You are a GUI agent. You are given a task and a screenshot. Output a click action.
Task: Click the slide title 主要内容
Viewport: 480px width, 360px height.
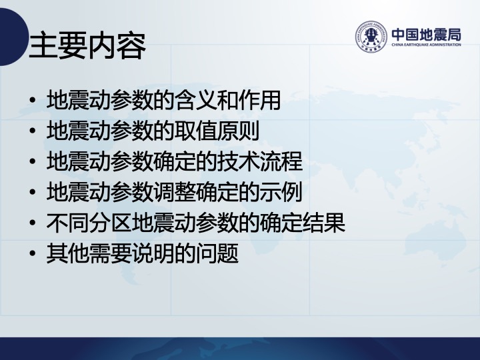[87, 46]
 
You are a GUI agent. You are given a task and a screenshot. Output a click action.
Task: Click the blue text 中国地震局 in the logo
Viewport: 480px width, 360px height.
[427, 35]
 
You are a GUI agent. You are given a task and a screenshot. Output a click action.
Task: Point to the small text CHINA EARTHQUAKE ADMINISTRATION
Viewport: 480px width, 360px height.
[427, 45]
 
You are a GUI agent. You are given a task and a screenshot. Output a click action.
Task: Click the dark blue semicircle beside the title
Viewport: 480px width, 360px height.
[12, 37]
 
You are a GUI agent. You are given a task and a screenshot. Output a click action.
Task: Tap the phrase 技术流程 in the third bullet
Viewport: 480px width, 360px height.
[259, 161]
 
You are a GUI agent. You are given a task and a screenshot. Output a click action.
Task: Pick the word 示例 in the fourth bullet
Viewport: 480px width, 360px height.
[281, 192]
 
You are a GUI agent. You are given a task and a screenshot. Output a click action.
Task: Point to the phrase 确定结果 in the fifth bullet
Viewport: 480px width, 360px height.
[303, 223]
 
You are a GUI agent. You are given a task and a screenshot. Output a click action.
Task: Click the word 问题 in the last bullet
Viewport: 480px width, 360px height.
[217, 253]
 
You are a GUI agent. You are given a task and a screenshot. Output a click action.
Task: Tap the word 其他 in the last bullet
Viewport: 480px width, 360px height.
[67, 253]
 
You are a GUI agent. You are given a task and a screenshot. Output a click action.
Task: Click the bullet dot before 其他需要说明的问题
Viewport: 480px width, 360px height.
[33, 253]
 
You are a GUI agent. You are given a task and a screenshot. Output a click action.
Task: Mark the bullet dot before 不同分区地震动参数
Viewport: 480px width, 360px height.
[33, 223]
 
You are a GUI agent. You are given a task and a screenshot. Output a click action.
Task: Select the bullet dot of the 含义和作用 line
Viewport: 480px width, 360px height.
[33, 101]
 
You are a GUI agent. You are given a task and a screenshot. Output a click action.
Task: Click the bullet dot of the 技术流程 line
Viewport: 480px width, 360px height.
[33, 161]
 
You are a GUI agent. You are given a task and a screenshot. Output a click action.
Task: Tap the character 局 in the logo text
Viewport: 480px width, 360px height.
[454, 35]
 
